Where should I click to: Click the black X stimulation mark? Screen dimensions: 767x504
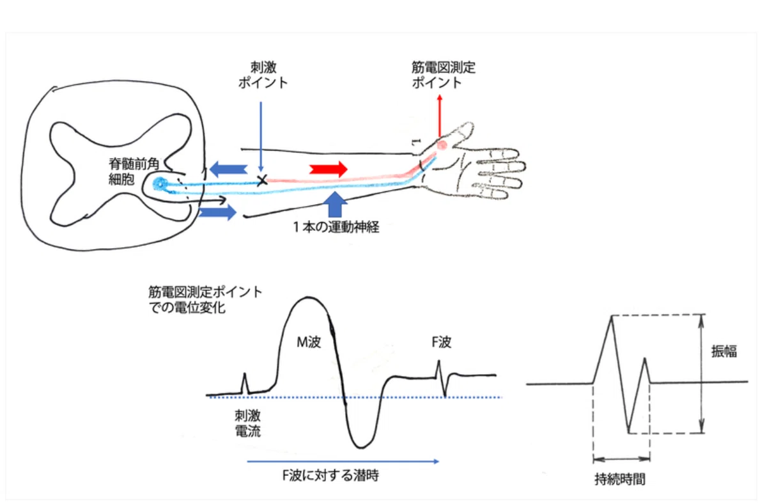(262, 180)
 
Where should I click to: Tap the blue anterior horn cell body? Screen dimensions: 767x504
(160, 184)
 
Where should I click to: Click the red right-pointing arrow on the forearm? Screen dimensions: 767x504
(329, 169)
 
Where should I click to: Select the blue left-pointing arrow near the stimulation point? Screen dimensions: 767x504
(228, 169)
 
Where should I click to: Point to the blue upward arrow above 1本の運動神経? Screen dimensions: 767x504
(335, 205)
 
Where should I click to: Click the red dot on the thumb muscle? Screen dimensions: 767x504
(442, 145)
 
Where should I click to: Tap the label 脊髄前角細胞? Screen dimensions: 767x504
(134, 171)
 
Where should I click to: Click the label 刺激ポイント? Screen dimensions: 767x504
(263, 75)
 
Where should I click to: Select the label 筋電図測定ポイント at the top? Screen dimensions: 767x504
(444, 75)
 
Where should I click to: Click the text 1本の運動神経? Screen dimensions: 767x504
(336, 227)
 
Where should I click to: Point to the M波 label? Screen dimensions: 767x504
(309, 342)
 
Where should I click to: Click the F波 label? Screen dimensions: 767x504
(442, 342)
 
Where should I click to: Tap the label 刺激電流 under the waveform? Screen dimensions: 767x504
(247, 423)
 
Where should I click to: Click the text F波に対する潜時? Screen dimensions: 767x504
(330, 475)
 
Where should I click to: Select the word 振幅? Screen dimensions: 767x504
(724, 351)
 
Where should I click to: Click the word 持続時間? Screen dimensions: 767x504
(620, 479)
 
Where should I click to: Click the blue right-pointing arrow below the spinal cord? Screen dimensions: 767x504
(217, 212)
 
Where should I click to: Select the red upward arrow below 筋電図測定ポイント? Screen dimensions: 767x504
(440, 116)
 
